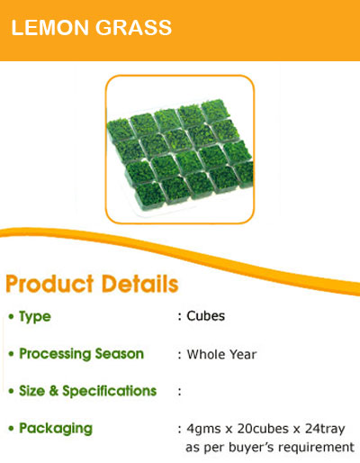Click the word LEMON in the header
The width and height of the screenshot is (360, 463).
click(x=49, y=28)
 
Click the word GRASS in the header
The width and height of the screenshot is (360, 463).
click(x=133, y=28)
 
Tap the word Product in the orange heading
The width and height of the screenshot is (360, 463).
click(x=49, y=284)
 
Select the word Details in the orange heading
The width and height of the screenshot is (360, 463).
click(x=140, y=284)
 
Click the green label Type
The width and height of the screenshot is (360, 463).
click(x=35, y=317)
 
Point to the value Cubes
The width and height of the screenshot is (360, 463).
click(x=206, y=316)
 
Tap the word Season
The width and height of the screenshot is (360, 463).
click(x=120, y=354)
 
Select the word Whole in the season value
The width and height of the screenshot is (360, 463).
click(x=204, y=354)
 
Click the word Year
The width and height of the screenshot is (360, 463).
click(x=241, y=354)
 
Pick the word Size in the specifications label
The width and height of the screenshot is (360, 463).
click(x=32, y=391)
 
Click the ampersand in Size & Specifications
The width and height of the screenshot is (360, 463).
click(x=54, y=391)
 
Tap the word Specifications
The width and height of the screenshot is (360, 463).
click(x=110, y=392)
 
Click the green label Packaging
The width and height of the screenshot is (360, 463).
click(x=56, y=429)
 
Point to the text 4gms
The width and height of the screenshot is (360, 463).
click(x=203, y=429)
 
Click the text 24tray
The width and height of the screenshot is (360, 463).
click(x=325, y=429)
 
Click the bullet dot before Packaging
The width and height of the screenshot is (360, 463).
click(x=12, y=429)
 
